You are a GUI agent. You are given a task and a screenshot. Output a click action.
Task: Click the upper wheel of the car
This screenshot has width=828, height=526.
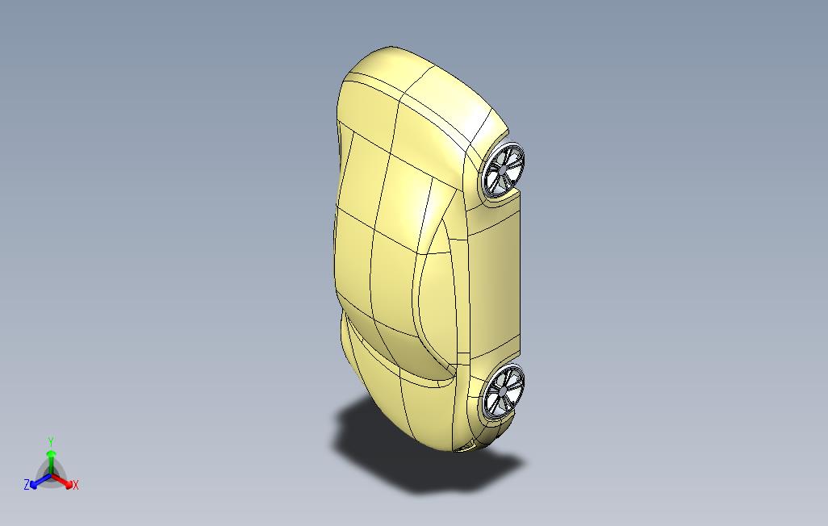(504, 170)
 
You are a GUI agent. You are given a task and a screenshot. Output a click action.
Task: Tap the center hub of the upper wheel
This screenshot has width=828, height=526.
(504, 169)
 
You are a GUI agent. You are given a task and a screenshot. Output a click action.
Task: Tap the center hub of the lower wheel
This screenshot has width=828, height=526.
(503, 390)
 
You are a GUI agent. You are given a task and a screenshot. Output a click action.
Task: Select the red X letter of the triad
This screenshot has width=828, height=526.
(76, 485)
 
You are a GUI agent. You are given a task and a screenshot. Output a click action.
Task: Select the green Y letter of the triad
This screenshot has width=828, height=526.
(51, 441)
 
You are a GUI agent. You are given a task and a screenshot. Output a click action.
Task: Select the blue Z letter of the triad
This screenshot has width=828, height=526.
(27, 484)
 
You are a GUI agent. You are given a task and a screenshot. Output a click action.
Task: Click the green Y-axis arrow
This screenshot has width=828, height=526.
(51, 462)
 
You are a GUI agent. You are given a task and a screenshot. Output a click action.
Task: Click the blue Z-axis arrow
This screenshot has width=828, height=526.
(40, 481)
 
